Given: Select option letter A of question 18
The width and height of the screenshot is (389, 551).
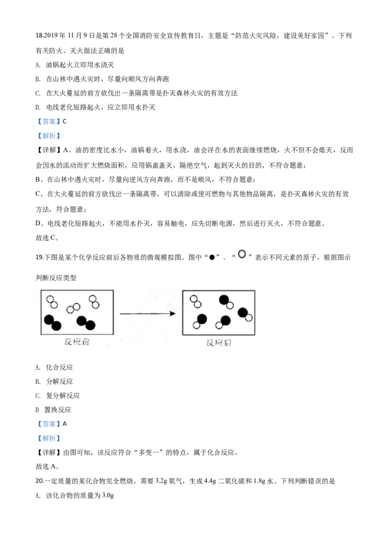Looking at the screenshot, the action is tap(37, 65).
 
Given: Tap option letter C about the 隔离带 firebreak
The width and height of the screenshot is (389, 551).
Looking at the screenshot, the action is tap(38, 93).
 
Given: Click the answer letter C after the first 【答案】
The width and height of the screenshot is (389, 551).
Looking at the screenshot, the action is tap(65, 122).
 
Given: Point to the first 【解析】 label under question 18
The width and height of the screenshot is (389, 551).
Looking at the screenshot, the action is tap(49, 136).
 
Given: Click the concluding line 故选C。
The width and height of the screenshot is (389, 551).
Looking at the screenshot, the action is tap(47, 238).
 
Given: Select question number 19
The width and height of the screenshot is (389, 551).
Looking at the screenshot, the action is tap(39, 257).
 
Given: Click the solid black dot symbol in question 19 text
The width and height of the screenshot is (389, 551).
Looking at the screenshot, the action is tap(212, 257).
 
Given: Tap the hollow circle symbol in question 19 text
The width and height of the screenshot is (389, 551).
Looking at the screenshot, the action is tap(242, 254).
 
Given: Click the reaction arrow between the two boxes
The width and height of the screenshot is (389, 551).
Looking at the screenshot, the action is tap(147, 313).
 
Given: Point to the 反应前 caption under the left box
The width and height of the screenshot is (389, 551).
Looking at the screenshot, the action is tap(77, 342).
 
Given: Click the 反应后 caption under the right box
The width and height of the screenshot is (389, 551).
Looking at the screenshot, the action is tap(219, 343).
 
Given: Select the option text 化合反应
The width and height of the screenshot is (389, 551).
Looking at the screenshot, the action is tap(59, 367).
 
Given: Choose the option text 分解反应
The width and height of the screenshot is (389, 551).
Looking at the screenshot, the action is tap(59, 381).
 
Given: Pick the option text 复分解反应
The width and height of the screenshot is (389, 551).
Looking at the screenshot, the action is tap(63, 396).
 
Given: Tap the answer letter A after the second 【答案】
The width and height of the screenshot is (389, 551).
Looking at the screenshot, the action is tap(65, 424).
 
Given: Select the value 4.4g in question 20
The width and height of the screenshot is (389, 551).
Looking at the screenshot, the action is tap(210, 481).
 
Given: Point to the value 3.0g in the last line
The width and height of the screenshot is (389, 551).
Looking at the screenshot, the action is tap(108, 496).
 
